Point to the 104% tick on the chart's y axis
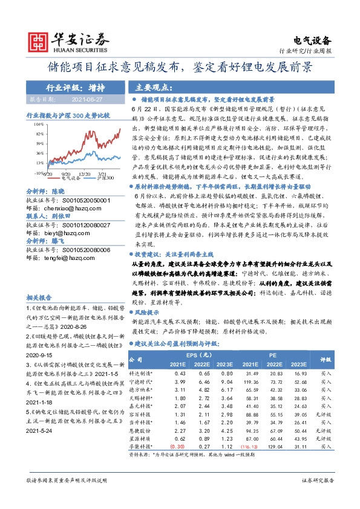[x=38, y=123]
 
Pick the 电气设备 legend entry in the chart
[x=71, y=178]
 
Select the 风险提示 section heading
[x=148, y=313]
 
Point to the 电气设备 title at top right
[x=313, y=41]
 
